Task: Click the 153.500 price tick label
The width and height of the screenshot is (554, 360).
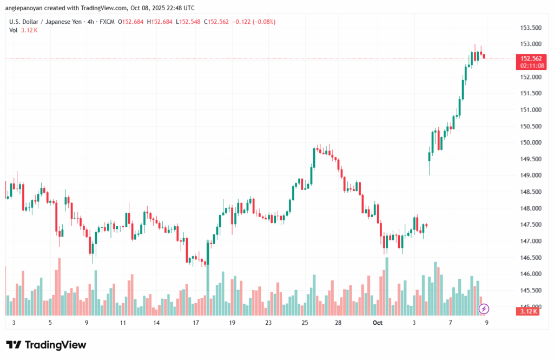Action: pos(530,28)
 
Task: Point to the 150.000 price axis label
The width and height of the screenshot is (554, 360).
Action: pos(530,142)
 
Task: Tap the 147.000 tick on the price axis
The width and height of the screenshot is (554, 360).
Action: pos(530,241)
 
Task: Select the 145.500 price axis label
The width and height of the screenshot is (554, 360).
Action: pos(530,291)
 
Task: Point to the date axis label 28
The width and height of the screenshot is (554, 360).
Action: pos(338,323)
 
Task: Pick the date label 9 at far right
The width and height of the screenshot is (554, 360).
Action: pos(487,323)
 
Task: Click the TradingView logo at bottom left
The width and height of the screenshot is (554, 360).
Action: pos(46,345)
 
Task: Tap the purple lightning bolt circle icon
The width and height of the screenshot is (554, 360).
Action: pos(484,309)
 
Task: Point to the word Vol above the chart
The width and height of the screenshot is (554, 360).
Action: pos(14,30)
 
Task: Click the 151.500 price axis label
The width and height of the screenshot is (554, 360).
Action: pos(530,93)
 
